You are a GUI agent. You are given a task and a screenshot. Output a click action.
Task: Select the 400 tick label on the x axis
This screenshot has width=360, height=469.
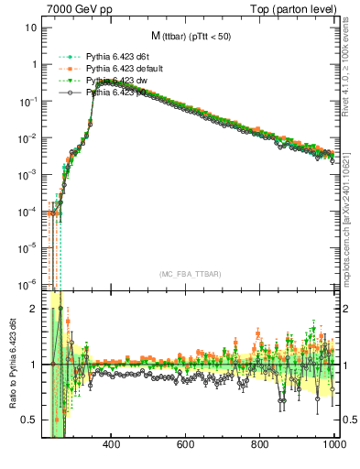click(x=112, y=445)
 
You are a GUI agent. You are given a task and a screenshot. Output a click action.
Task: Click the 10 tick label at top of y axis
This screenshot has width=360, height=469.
click(x=31, y=27)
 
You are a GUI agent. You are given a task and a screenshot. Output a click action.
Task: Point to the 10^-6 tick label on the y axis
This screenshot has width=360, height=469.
click(x=27, y=282)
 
